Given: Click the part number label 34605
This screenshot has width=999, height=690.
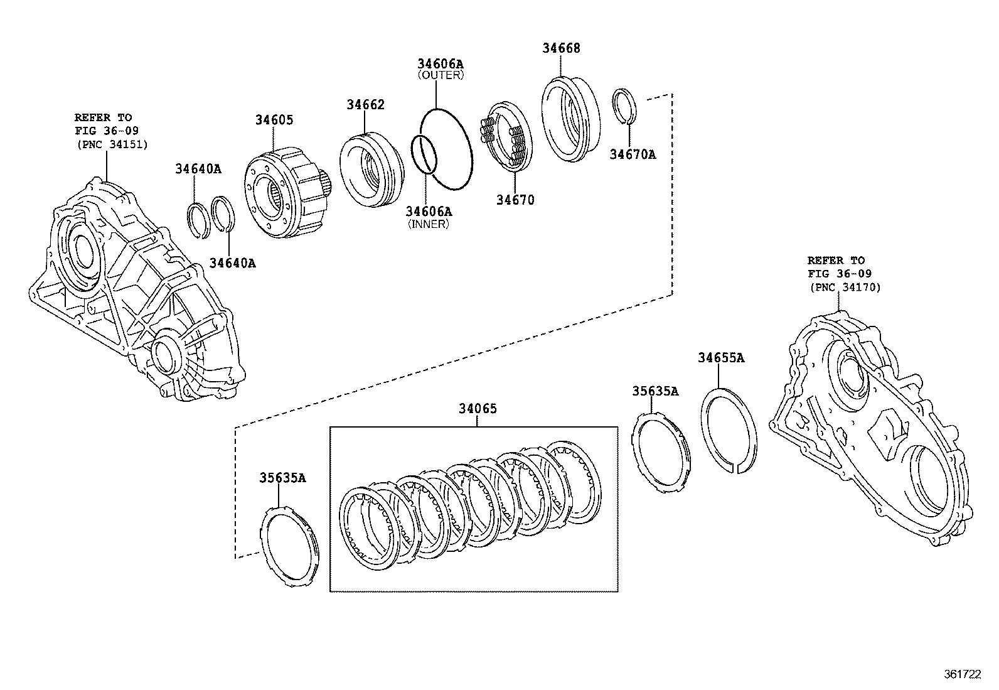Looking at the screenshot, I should coord(274,120).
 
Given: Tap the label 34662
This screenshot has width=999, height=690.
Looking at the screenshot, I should coord(365,105).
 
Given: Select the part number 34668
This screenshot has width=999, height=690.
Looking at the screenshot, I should coord(561,48).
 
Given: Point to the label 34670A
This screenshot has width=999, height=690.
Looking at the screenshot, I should coord(633,154).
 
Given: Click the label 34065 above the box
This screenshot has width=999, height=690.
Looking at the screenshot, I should coord(477,409).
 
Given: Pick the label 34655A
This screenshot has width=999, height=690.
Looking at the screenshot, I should coord(721,358).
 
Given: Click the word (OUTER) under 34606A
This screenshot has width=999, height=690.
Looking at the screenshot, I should coord(441,75).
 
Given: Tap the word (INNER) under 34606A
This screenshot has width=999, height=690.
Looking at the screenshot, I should coord(429,224).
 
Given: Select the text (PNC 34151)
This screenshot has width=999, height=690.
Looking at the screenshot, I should coord(111,144).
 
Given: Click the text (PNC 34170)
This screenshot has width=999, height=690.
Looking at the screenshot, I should coord(844,288).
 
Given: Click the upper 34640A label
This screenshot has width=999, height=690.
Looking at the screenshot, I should coord(198,169).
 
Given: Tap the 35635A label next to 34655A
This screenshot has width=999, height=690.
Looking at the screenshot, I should coord(655,391).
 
